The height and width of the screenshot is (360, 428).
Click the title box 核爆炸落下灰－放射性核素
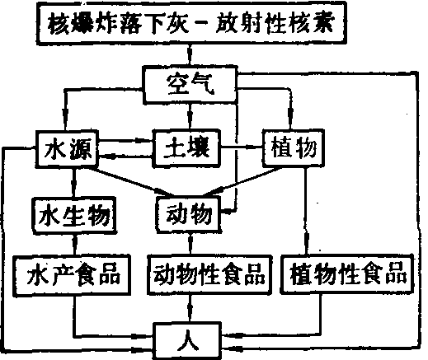point(191,23)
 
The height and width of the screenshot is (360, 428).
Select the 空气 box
point(190,84)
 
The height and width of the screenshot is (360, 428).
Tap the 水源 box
point(68,148)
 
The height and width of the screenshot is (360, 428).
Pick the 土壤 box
point(186,148)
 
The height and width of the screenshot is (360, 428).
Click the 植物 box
point(294,148)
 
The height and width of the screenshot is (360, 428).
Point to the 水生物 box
point(74,215)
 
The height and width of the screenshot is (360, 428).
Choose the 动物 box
point(189,214)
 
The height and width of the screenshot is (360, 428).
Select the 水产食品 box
point(73,275)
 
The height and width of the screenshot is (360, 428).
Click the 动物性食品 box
point(209,275)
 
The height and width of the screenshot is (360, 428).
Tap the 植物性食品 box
point(347,274)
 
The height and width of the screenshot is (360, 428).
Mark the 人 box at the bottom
point(187,341)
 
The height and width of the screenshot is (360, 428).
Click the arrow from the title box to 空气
point(190,55)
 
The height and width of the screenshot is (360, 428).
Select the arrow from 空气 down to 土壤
point(190,116)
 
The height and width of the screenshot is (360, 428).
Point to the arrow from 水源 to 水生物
point(73,182)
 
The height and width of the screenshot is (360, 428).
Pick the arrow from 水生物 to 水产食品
point(75,245)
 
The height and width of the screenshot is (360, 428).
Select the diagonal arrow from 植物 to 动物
point(242,181)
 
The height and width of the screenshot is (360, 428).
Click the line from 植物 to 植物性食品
point(306,211)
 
